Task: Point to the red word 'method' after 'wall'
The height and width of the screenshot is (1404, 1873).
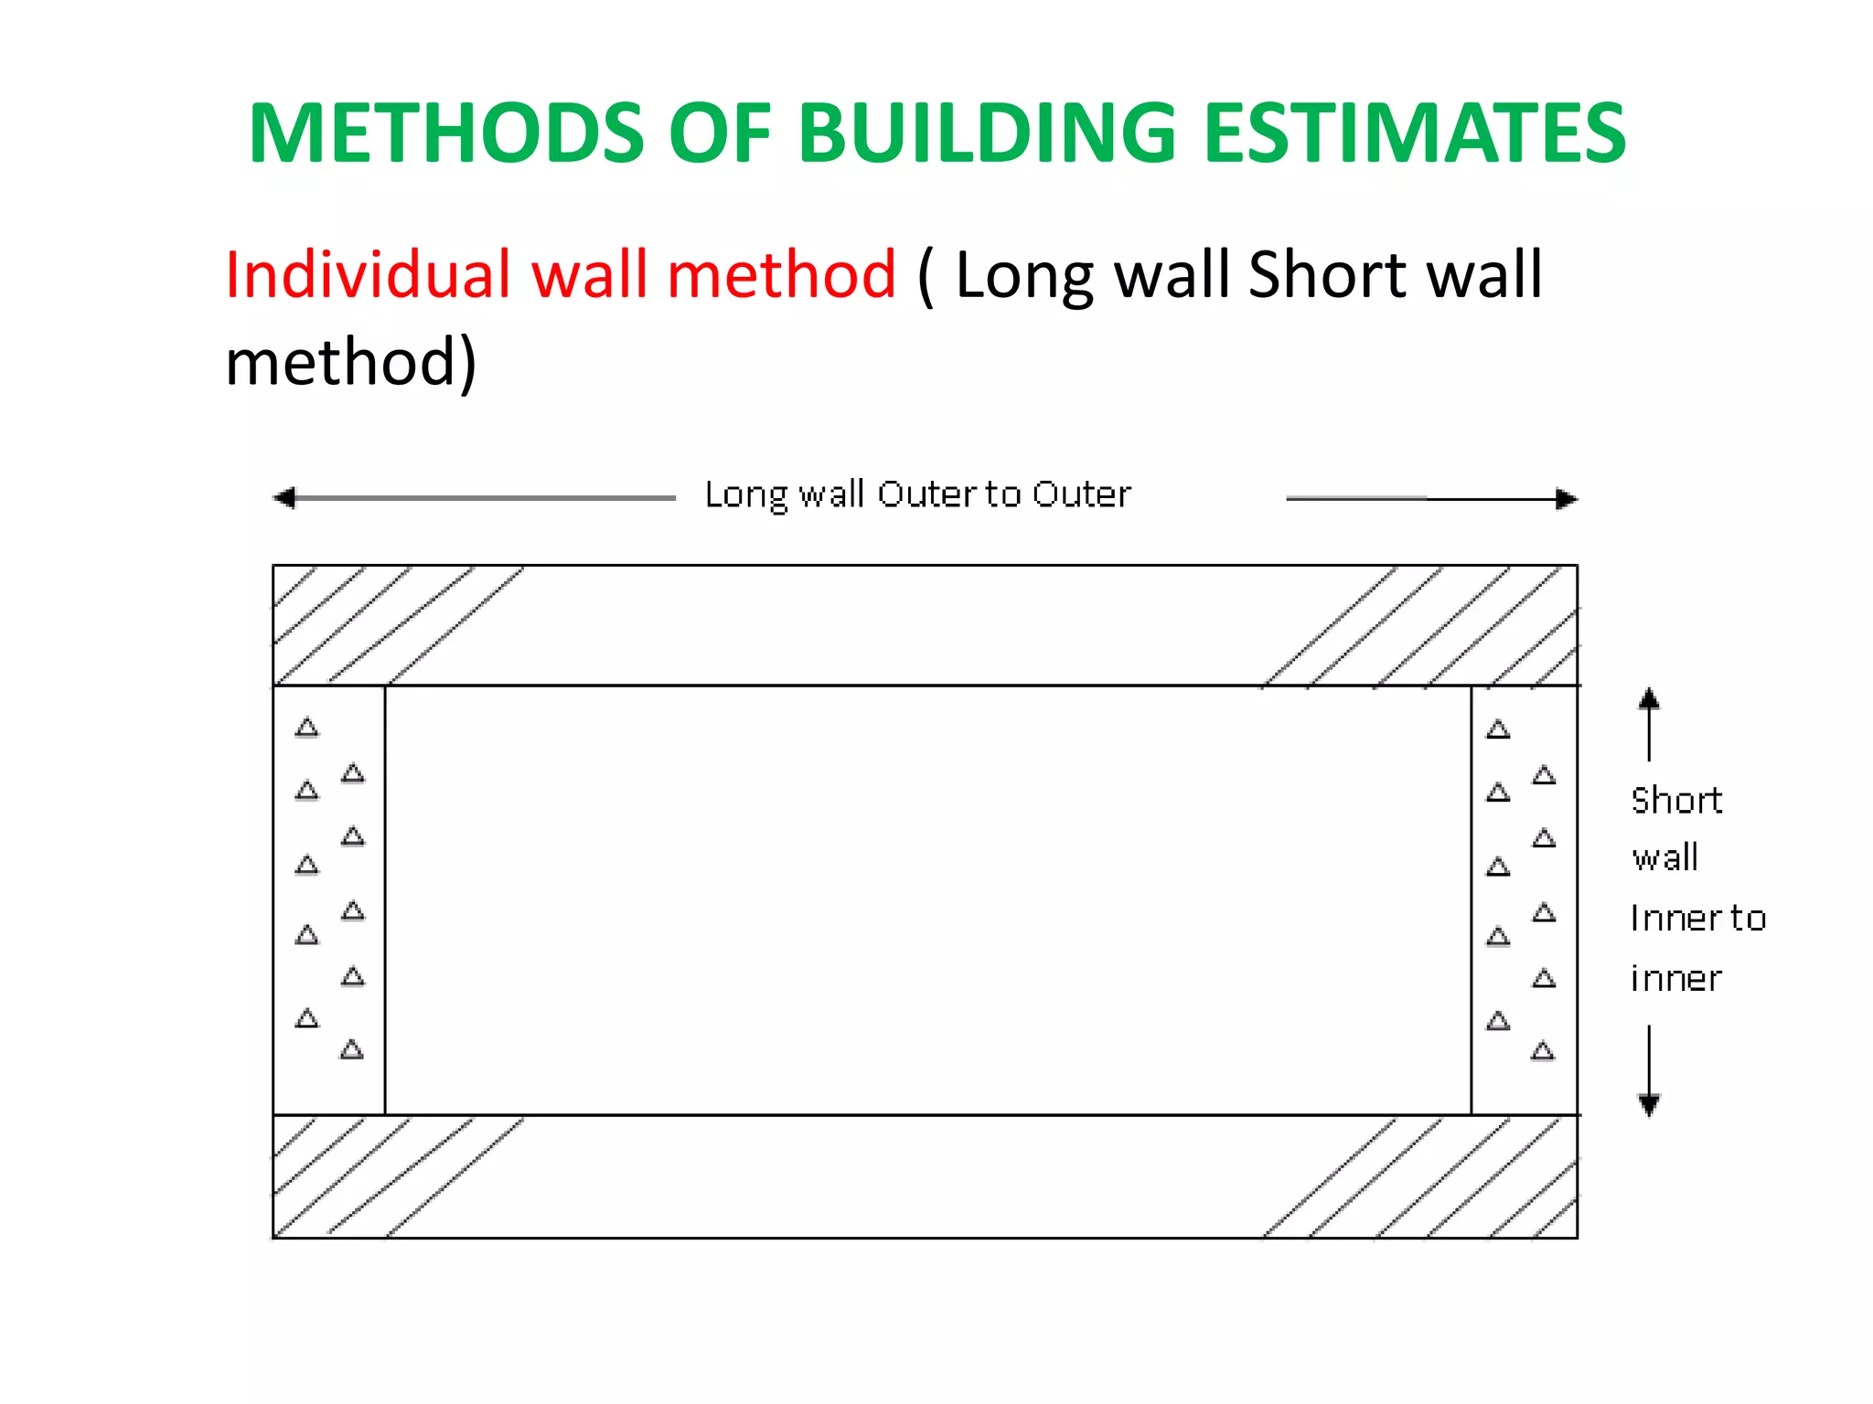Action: (x=781, y=274)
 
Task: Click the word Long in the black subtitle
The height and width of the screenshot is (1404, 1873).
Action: (x=1023, y=276)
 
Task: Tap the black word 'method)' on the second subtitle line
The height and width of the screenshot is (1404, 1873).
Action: (x=351, y=362)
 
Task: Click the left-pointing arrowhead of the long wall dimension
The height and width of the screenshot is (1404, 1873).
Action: (x=284, y=498)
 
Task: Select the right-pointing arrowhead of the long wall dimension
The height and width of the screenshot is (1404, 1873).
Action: (x=1567, y=499)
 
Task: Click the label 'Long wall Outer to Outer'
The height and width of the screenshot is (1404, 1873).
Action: (x=917, y=495)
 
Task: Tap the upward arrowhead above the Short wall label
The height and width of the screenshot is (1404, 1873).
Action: (x=1649, y=699)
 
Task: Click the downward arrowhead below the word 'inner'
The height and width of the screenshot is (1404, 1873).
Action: (x=1649, y=1105)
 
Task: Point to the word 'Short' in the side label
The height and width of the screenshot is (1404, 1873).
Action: (x=1676, y=801)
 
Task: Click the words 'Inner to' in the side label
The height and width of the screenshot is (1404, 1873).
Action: (x=1697, y=919)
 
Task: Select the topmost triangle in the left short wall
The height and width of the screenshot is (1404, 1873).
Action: (x=307, y=728)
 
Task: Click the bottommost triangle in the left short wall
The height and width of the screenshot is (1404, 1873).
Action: (x=352, y=1049)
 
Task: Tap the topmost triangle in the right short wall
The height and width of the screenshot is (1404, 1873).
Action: (x=1498, y=729)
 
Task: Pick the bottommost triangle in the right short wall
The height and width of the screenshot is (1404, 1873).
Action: (x=1543, y=1051)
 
